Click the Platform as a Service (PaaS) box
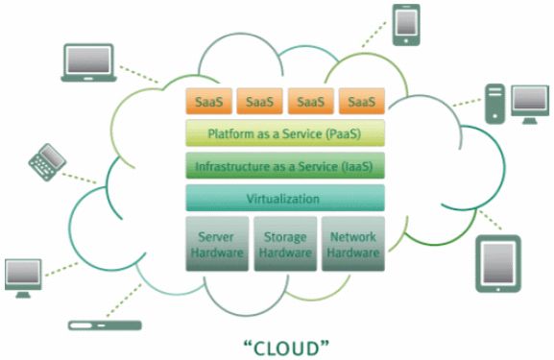click(285, 133)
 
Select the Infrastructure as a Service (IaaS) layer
click(285, 165)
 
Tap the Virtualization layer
click(285, 198)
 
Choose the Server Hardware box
click(217, 244)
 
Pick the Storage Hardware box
click(285, 244)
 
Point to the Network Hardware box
click(353, 244)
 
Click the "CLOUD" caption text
click(286, 348)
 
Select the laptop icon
click(88, 63)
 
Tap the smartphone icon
click(406, 25)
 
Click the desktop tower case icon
click(495, 104)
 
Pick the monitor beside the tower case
click(530, 105)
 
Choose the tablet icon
click(498, 264)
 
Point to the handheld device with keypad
click(47, 162)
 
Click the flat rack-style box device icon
click(105, 325)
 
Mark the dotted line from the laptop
click(139, 74)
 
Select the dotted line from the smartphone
click(373, 35)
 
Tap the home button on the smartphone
click(406, 40)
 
